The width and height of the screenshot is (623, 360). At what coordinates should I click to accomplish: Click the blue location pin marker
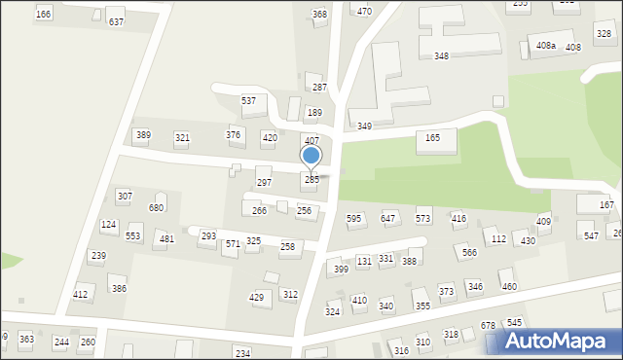click(311, 157)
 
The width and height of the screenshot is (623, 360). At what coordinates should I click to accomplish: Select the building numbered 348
click(441, 56)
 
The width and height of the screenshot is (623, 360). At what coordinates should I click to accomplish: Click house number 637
click(116, 21)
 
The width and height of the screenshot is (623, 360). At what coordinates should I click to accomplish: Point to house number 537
click(248, 101)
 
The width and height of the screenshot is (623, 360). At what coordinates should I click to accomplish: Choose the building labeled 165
click(432, 138)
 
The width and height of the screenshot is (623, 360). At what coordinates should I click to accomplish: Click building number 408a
click(545, 46)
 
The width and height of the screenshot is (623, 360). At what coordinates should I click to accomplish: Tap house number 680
click(156, 207)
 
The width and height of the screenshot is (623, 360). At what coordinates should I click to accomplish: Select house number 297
click(264, 182)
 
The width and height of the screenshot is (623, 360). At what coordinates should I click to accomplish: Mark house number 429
click(257, 298)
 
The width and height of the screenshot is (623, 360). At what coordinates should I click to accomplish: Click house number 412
click(81, 294)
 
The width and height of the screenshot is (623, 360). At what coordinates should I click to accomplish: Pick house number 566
click(469, 252)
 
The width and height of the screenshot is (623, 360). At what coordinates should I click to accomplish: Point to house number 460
click(508, 286)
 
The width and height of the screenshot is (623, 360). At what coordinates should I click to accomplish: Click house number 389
click(143, 135)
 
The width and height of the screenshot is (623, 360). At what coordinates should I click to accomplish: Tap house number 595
click(354, 219)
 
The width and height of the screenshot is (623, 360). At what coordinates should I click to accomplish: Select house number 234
click(242, 352)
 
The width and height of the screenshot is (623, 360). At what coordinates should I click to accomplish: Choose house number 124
click(109, 225)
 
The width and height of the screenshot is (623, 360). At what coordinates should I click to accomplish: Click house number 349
click(364, 126)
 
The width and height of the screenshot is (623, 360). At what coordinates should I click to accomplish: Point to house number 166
click(43, 14)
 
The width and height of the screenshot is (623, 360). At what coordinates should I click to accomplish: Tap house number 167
click(606, 205)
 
